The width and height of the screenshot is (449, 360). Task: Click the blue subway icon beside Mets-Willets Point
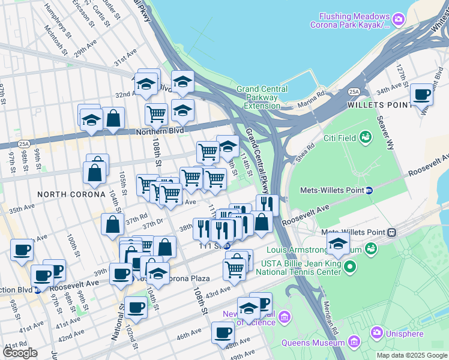point(370,190)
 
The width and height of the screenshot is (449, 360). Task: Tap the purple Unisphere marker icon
point(376,332)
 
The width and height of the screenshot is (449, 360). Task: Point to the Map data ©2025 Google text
point(411,355)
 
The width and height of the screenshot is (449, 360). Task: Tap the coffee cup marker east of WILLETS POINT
point(422,94)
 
